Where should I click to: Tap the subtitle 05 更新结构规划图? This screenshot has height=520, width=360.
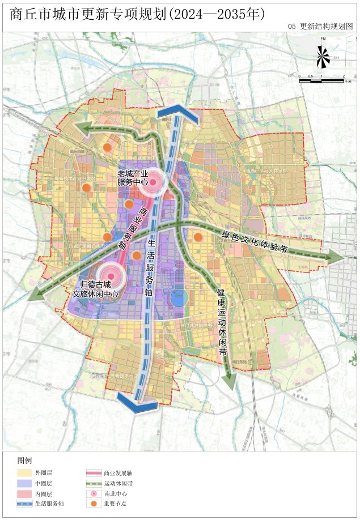click(320, 27)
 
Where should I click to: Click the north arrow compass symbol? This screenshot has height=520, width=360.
click(323, 56)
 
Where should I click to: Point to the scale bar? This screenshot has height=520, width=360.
click(322, 80)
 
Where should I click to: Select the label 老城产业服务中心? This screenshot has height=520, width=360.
click(133, 177)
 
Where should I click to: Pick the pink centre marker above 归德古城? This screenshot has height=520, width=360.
click(111, 276)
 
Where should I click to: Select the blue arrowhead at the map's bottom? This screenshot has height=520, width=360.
click(137, 403)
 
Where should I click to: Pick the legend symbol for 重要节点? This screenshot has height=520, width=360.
click(94, 504)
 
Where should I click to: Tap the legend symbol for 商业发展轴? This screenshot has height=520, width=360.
click(94, 472)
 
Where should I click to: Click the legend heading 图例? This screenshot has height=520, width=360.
click(24, 460)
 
